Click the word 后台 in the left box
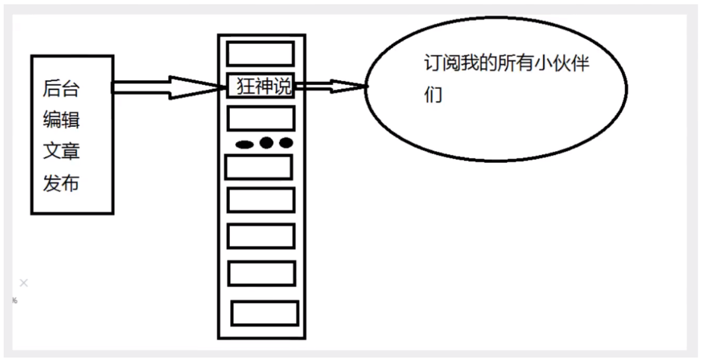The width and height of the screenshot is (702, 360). pos(61,89)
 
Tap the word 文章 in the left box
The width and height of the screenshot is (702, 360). pos(61,151)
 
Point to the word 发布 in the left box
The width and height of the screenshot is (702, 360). pos(61,182)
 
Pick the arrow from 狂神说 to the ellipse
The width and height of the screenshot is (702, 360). pos(331,87)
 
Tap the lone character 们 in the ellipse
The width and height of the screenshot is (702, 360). pos(432,96)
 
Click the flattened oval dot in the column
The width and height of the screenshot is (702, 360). pos(244,145)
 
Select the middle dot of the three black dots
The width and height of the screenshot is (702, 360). pos(266,143)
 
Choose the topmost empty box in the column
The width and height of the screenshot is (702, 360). pos(261,53)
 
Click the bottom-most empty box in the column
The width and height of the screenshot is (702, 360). pos(265,313)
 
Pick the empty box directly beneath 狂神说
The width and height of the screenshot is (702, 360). pos(261,118)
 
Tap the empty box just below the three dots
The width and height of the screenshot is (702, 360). pos(259,167)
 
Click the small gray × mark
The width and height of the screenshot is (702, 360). pos(24,283)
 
